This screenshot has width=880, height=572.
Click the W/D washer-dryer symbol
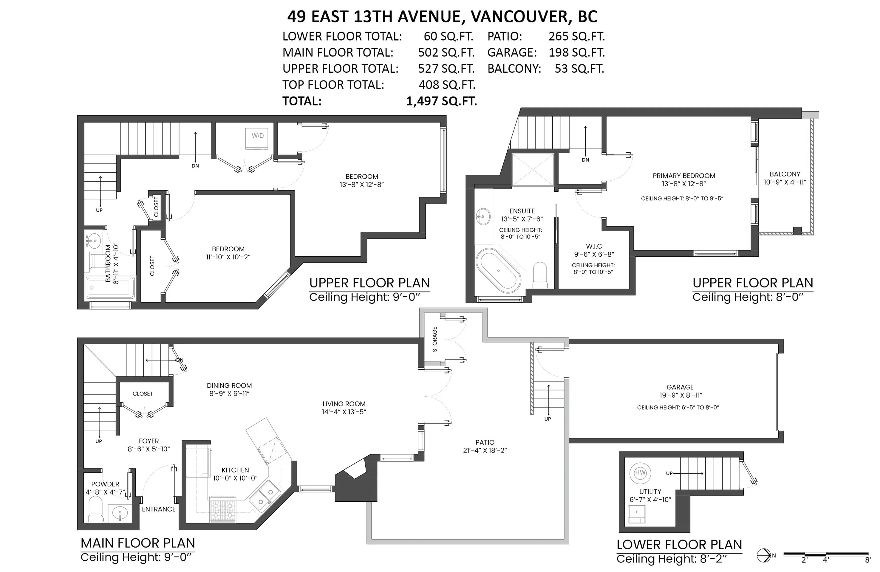pos(258,139)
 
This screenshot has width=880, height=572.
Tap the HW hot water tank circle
pos(640,473)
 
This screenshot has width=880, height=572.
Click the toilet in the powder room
pos(96,509)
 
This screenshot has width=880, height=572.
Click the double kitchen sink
pos(265,497)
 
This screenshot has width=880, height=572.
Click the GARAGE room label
pos(680,387)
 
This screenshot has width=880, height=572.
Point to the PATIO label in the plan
pos(485,442)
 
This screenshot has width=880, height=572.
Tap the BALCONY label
pos(785,174)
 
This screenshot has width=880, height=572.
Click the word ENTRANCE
pos(159,509)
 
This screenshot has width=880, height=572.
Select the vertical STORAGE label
pos(435,339)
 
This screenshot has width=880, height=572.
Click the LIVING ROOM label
pos(344,404)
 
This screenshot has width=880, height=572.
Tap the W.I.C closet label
pos(594,246)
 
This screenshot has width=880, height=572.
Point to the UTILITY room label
pos(650,492)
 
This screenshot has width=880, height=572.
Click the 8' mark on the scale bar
pos(868,560)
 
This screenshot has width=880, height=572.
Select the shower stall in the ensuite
pos(532,170)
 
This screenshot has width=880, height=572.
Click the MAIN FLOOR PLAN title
pos(137,543)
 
